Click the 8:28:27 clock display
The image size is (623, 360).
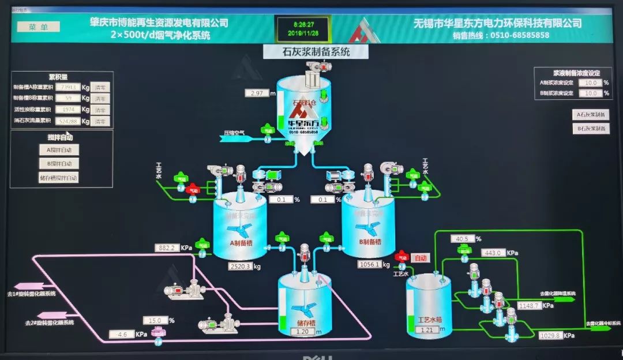point(303,25)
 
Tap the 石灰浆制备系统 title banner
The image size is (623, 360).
point(316,52)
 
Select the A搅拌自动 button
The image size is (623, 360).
point(59,149)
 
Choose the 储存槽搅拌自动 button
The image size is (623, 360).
point(58,178)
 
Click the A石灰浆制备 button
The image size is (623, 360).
point(591,114)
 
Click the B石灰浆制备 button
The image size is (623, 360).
point(591,129)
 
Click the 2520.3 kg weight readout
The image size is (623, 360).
point(240,267)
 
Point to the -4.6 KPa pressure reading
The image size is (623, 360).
point(121,334)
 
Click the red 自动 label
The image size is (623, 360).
point(422,258)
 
